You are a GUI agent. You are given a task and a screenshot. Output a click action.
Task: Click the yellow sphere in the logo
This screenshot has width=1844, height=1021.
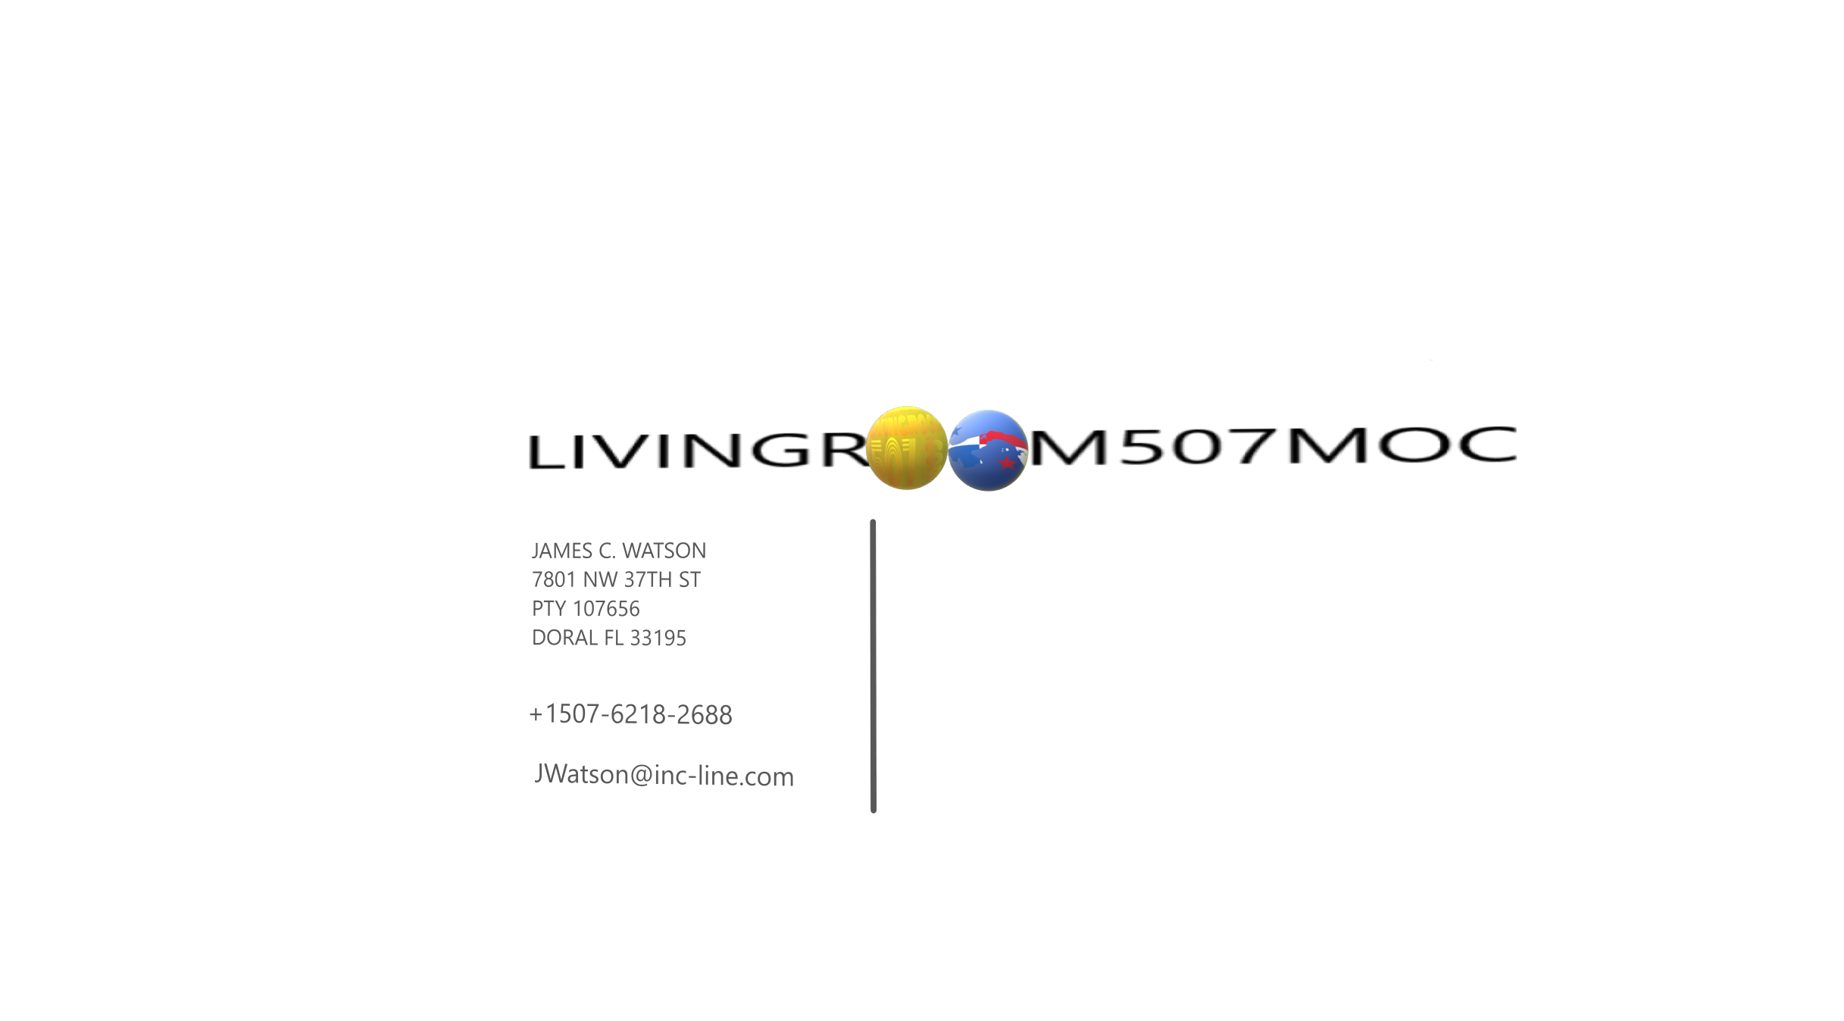point(906,448)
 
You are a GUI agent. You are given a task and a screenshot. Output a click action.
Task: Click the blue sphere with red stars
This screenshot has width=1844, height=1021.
point(988,451)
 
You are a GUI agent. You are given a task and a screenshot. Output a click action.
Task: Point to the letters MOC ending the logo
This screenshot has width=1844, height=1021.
point(1402,445)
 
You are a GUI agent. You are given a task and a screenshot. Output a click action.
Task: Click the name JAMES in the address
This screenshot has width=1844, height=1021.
point(562,551)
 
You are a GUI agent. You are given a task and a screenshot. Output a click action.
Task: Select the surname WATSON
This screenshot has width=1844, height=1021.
point(664,551)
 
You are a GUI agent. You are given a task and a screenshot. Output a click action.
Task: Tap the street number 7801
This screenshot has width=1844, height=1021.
point(554,580)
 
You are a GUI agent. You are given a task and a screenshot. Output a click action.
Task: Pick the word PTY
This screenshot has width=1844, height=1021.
point(549,609)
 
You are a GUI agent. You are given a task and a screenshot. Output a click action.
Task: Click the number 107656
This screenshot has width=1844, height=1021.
point(606,609)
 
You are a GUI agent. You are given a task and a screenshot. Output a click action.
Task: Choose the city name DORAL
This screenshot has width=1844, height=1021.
point(564,639)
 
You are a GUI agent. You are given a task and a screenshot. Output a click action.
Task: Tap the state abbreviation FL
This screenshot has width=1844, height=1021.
point(614,639)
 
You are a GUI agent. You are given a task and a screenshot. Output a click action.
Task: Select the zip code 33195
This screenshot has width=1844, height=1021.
point(658,639)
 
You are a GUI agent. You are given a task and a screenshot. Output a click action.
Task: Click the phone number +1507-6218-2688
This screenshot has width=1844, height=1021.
point(631,714)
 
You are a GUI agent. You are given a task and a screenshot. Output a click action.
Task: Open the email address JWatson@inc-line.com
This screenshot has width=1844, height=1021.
point(664,775)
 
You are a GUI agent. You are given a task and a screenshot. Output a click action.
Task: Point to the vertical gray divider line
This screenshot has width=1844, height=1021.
point(874,667)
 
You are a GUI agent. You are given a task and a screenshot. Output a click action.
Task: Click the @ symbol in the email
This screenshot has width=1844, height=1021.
point(641,776)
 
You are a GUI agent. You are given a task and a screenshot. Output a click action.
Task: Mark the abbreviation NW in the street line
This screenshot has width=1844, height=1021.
point(600,580)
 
